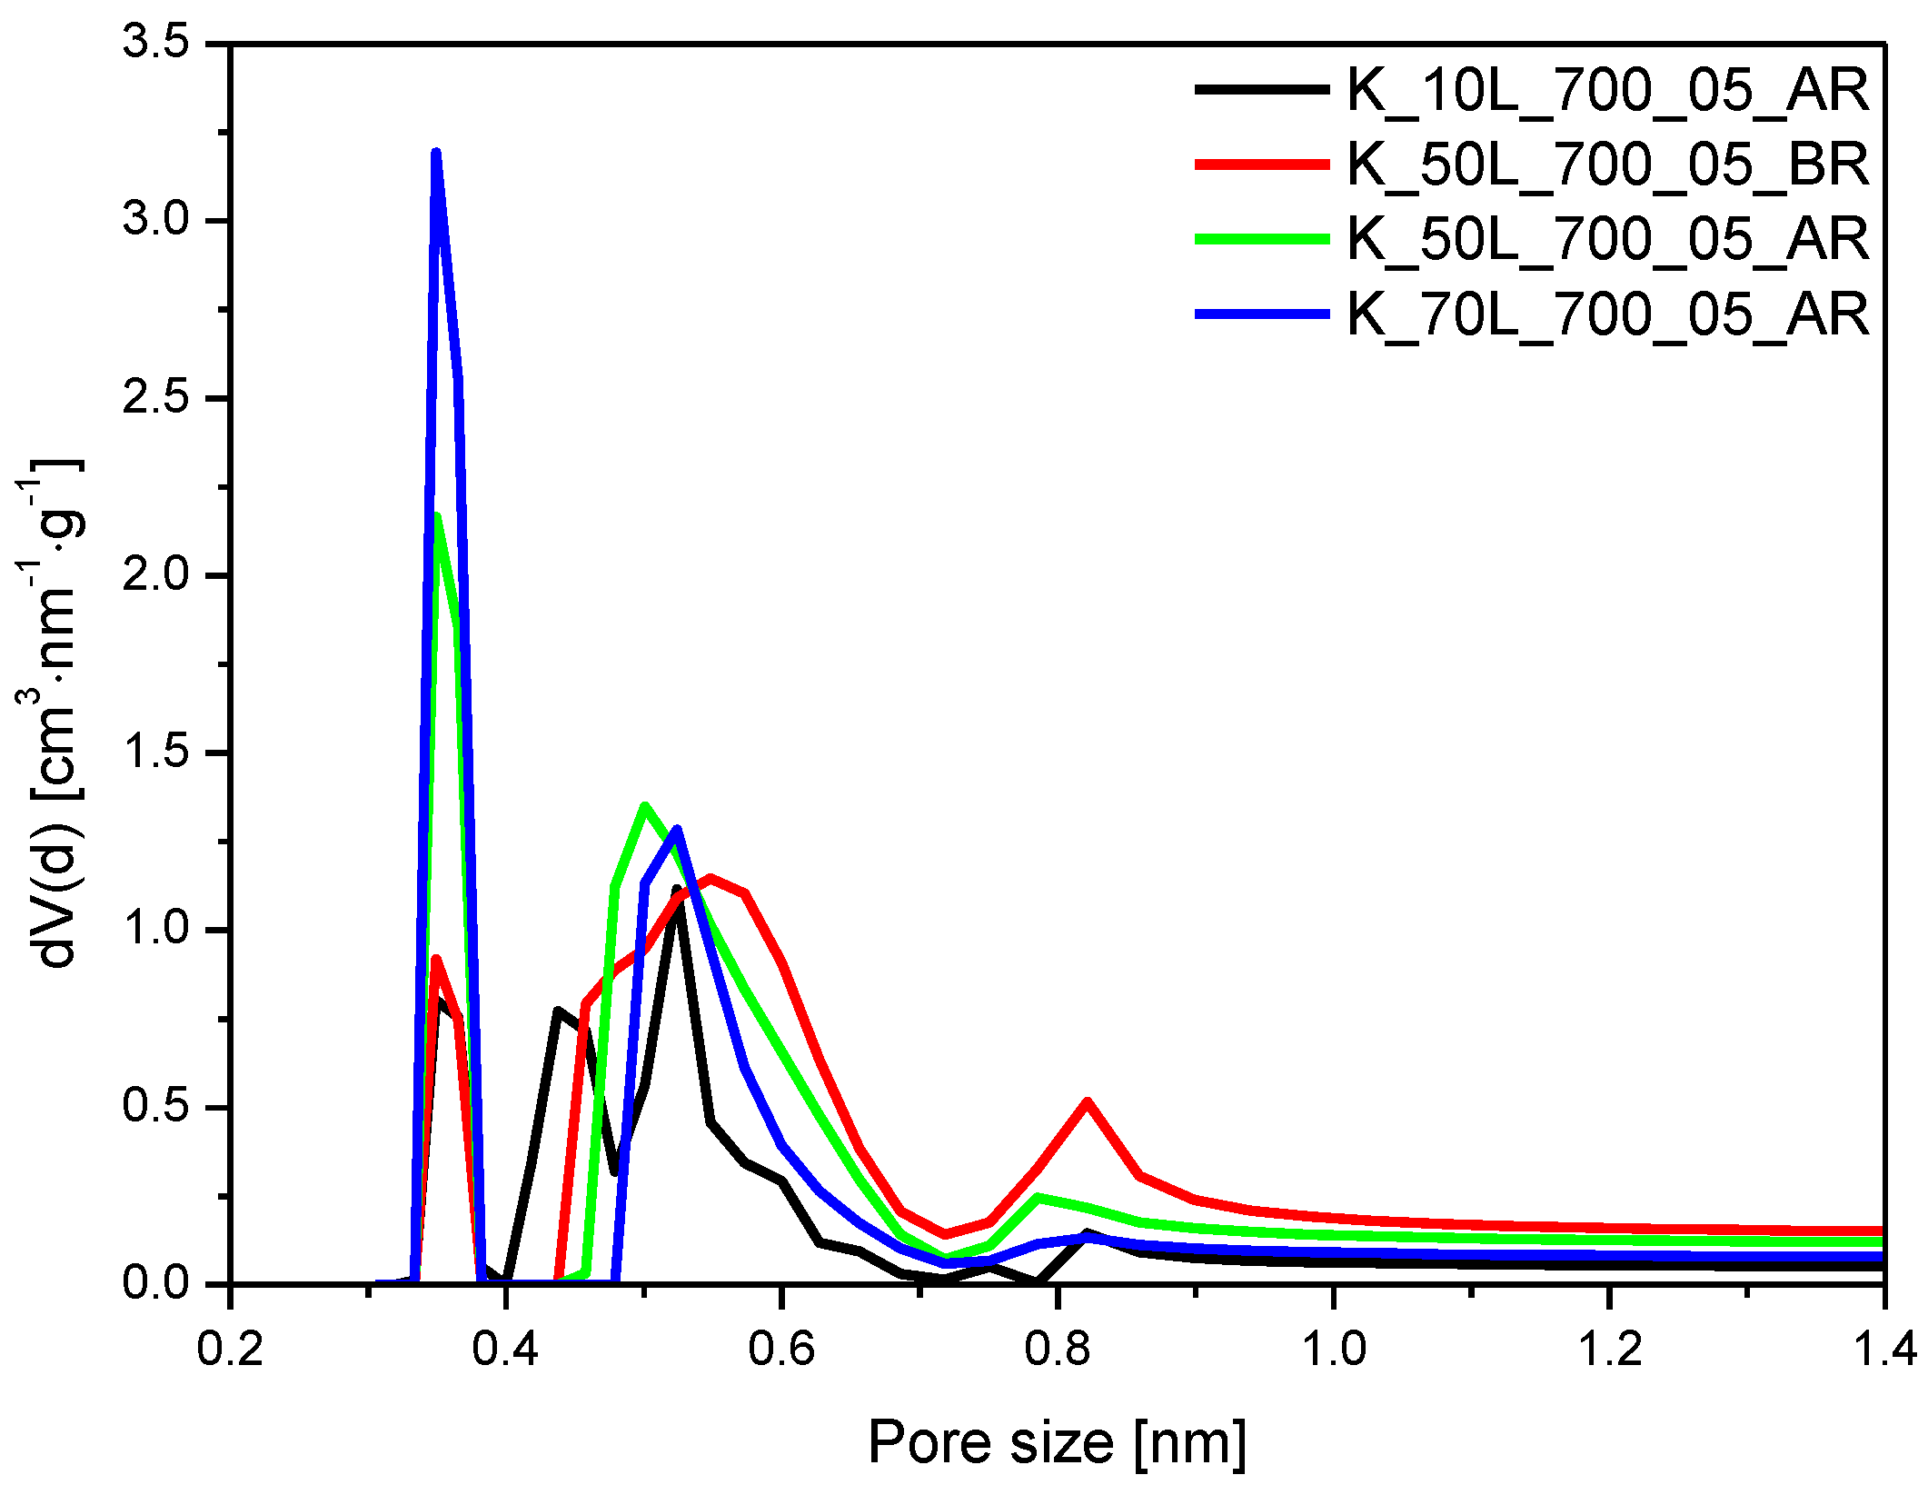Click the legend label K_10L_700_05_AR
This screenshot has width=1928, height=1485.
coord(1606,90)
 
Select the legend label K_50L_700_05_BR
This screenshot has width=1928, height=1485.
coord(1606,164)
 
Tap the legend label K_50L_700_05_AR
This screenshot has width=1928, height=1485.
coord(1606,239)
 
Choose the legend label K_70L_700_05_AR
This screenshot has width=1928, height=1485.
coord(1606,314)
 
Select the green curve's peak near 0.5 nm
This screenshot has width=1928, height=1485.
coord(644,805)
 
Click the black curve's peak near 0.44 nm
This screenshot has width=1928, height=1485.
coord(558,1011)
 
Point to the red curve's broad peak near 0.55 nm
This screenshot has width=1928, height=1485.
coord(711,878)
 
